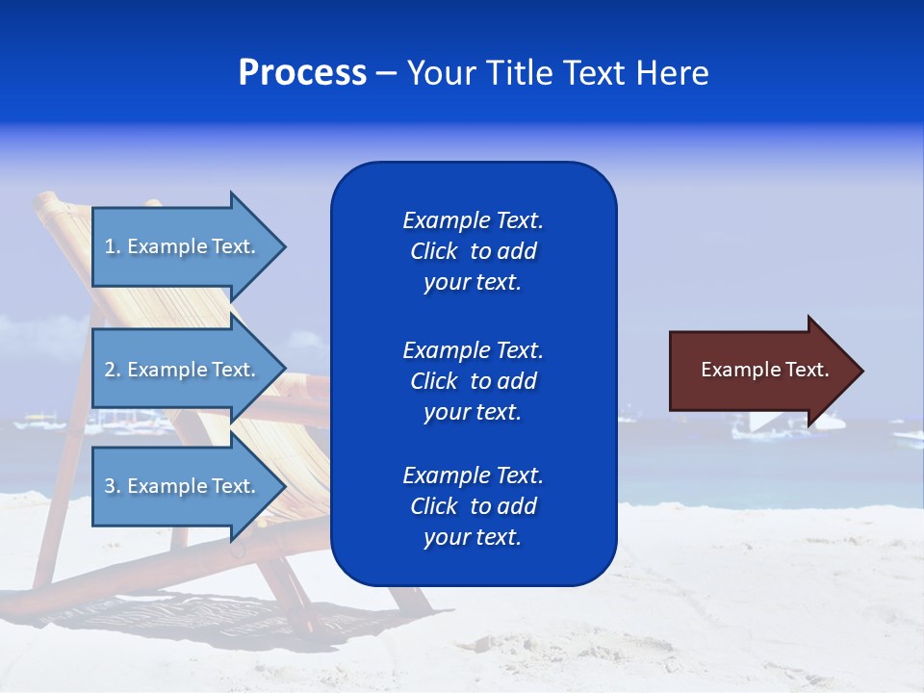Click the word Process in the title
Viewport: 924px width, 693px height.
pyautogui.click(x=302, y=72)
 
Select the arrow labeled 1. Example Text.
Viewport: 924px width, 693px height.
pyautogui.click(x=183, y=246)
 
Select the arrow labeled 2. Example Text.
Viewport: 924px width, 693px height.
pyautogui.click(x=183, y=370)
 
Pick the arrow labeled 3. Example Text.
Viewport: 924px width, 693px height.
pyautogui.click(x=183, y=486)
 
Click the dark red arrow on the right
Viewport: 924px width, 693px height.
pyautogui.click(x=760, y=371)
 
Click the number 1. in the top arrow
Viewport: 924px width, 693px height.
pyautogui.click(x=113, y=246)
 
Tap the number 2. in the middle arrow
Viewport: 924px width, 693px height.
pyautogui.click(x=113, y=370)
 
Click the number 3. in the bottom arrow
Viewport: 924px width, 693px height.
pyautogui.click(x=113, y=486)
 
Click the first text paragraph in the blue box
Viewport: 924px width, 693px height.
pyautogui.click(x=473, y=251)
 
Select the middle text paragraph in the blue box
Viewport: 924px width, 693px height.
pyautogui.click(x=473, y=381)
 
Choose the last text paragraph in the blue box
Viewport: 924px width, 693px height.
pyautogui.click(x=473, y=506)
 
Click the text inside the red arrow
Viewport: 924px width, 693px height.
pyautogui.click(x=764, y=370)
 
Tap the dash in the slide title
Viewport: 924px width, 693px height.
pyautogui.click(x=387, y=73)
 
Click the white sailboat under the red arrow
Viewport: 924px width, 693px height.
pyautogui.click(x=770, y=423)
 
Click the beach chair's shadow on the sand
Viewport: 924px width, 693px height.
pyautogui.click(x=192, y=616)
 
